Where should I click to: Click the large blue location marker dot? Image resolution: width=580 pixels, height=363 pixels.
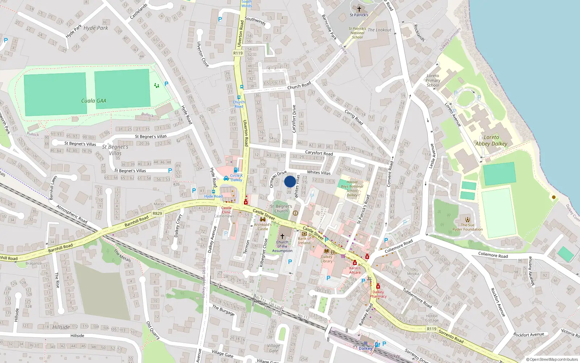[290, 181]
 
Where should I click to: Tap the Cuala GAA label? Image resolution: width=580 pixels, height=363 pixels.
[94, 101]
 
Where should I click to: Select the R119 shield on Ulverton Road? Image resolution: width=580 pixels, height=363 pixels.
[238, 53]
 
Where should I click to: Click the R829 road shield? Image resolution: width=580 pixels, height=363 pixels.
[157, 213]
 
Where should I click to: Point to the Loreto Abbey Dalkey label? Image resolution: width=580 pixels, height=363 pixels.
[491, 140]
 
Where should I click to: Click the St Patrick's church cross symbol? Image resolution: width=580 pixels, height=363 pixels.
[359, 9]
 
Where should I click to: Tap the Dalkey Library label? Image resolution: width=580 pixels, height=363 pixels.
[327, 259]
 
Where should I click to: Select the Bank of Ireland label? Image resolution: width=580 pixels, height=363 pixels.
[304, 241]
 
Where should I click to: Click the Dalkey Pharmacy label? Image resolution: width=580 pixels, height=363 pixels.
[378, 294]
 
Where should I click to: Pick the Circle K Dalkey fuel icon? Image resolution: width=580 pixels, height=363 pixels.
[236, 170]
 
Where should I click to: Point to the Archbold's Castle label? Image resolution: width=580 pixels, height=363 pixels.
[263, 227]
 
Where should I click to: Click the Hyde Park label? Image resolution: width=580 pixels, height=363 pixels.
[96, 28]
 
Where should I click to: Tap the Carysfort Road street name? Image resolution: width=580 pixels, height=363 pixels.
[319, 153]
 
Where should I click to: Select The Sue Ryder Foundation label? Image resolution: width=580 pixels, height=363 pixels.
[467, 227]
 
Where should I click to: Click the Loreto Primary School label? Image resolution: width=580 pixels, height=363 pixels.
[433, 81]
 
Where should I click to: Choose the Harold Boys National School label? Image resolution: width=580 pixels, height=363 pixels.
[352, 188]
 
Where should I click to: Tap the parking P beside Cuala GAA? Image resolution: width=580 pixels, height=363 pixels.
[166, 84]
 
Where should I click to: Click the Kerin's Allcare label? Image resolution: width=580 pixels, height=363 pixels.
[355, 270]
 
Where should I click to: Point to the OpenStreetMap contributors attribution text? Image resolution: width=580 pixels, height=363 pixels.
[552, 360]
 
